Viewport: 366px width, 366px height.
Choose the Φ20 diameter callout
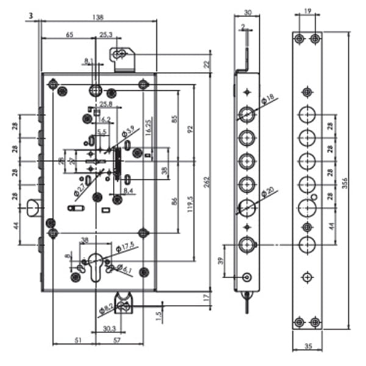(269, 193)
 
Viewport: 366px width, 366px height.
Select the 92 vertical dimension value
(190, 129)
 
